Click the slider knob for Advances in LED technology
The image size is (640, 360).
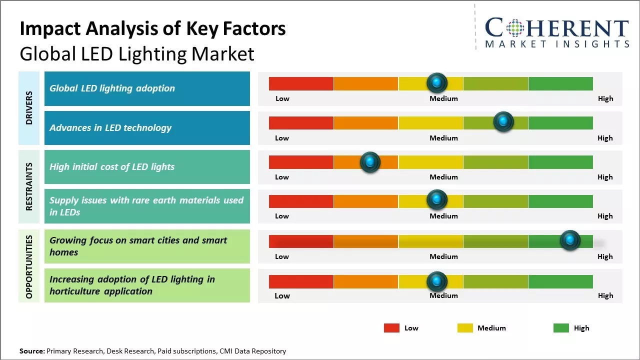pyautogui.click(x=503, y=121)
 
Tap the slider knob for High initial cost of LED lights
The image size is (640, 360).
pyautogui.click(x=370, y=162)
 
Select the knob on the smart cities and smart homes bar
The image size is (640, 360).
pyautogui.click(x=569, y=240)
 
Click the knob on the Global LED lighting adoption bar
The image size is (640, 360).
pyautogui.click(x=437, y=82)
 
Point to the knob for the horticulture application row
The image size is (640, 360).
pyautogui.click(x=437, y=281)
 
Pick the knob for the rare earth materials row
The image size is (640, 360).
pyautogui.click(x=437, y=200)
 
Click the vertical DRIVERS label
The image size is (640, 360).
pyautogui.click(x=29, y=108)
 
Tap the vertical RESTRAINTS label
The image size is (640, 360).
pyautogui.click(x=29, y=186)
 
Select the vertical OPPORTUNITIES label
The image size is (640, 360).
pyautogui.click(x=29, y=266)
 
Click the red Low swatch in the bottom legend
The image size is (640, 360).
pyautogui.click(x=391, y=328)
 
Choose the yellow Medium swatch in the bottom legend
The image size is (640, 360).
pyautogui.click(x=465, y=328)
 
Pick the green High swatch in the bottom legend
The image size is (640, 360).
pyautogui.click(x=561, y=328)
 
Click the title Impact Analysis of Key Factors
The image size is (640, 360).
pyautogui.click(x=152, y=29)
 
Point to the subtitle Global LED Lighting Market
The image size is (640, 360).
pyautogui.click(x=137, y=53)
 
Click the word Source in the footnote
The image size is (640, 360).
pyautogui.click(x=32, y=351)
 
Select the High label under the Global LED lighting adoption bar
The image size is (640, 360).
pyautogui.click(x=605, y=98)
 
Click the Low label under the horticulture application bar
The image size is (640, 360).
pyautogui.click(x=282, y=295)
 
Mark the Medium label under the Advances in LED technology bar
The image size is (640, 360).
pyautogui.click(x=443, y=138)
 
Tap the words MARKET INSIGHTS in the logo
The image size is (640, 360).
pyautogui.click(x=557, y=44)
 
